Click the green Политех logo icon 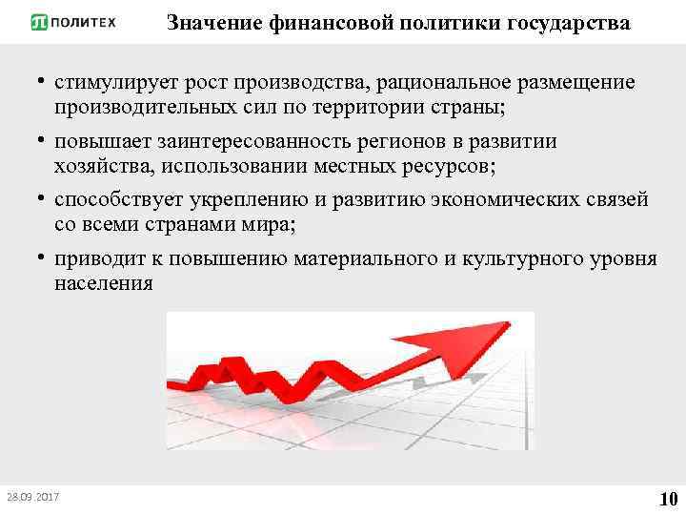(x=40, y=22)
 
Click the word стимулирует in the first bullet (x=111, y=83)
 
